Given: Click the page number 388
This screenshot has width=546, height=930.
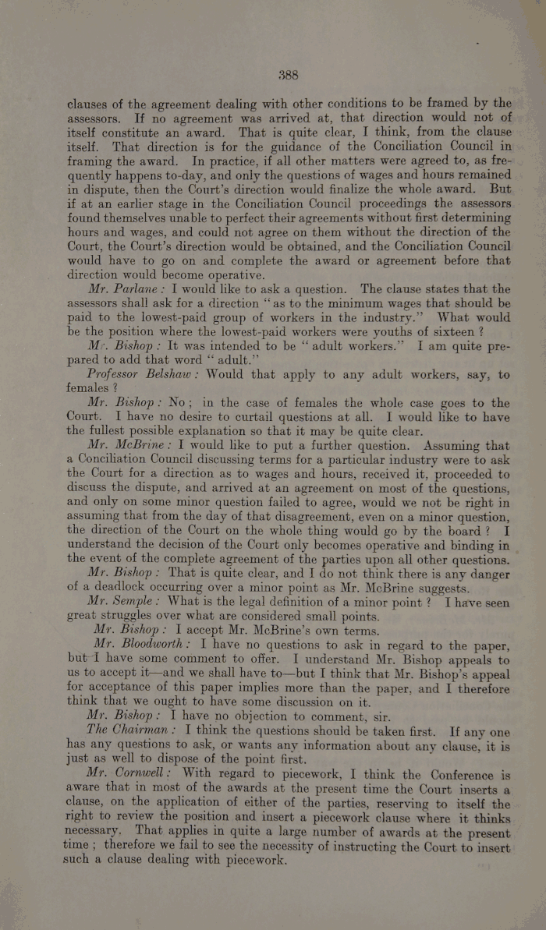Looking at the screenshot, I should click(289, 76).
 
